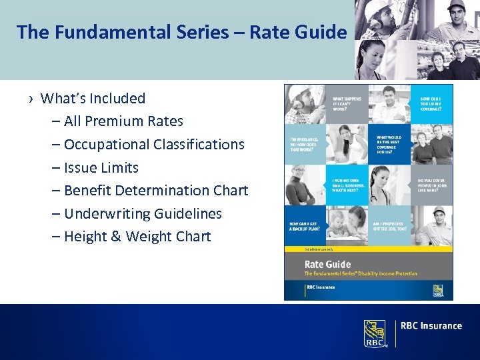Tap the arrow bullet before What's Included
[31, 99]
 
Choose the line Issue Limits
[100, 167]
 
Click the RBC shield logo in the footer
[375, 333]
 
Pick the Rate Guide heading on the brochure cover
[328, 265]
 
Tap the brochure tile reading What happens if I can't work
[348, 103]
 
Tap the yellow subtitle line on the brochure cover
[360, 274]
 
